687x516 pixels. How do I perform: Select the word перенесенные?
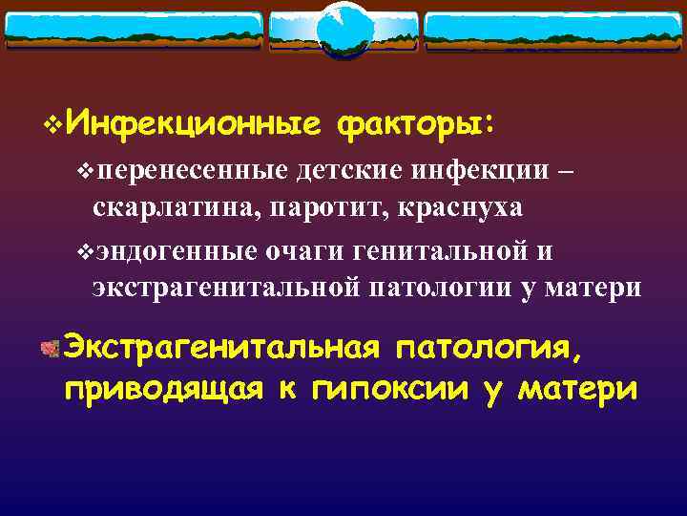point(191,171)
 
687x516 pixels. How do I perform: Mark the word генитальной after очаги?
point(440,251)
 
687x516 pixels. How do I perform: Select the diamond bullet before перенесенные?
point(83,172)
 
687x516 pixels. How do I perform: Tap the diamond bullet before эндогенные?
point(83,252)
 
